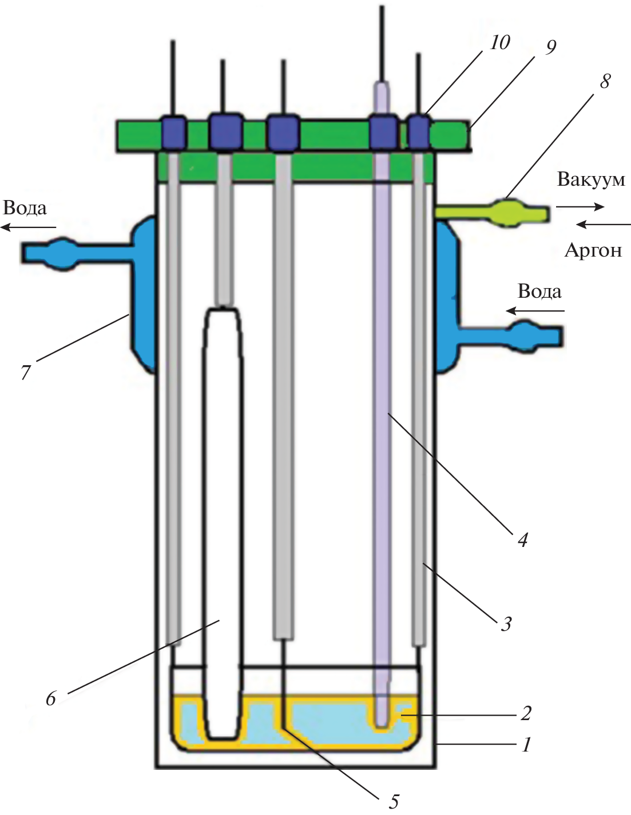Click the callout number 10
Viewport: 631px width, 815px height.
click(499, 42)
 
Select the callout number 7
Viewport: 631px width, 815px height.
click(25, 372)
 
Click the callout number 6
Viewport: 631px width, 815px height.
click(51, 698)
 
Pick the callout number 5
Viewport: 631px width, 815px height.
click(394, 801)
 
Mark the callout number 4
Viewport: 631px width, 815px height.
click(522, 539)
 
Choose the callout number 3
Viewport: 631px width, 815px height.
click(505, 624)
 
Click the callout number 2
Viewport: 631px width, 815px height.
click(525, 713)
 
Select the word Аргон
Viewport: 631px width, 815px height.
click(593, 250)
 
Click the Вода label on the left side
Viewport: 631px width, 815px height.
click(25, 207)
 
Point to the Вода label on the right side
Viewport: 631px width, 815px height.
click(539, 291)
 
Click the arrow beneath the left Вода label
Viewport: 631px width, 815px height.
click(28, 228)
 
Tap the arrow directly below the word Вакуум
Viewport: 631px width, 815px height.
click(580, 206)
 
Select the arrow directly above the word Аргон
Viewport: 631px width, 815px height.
click(598, 225)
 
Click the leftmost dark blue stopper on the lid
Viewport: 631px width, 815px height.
click(173, 133)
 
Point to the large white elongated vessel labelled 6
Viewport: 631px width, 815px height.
click(224, 514)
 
